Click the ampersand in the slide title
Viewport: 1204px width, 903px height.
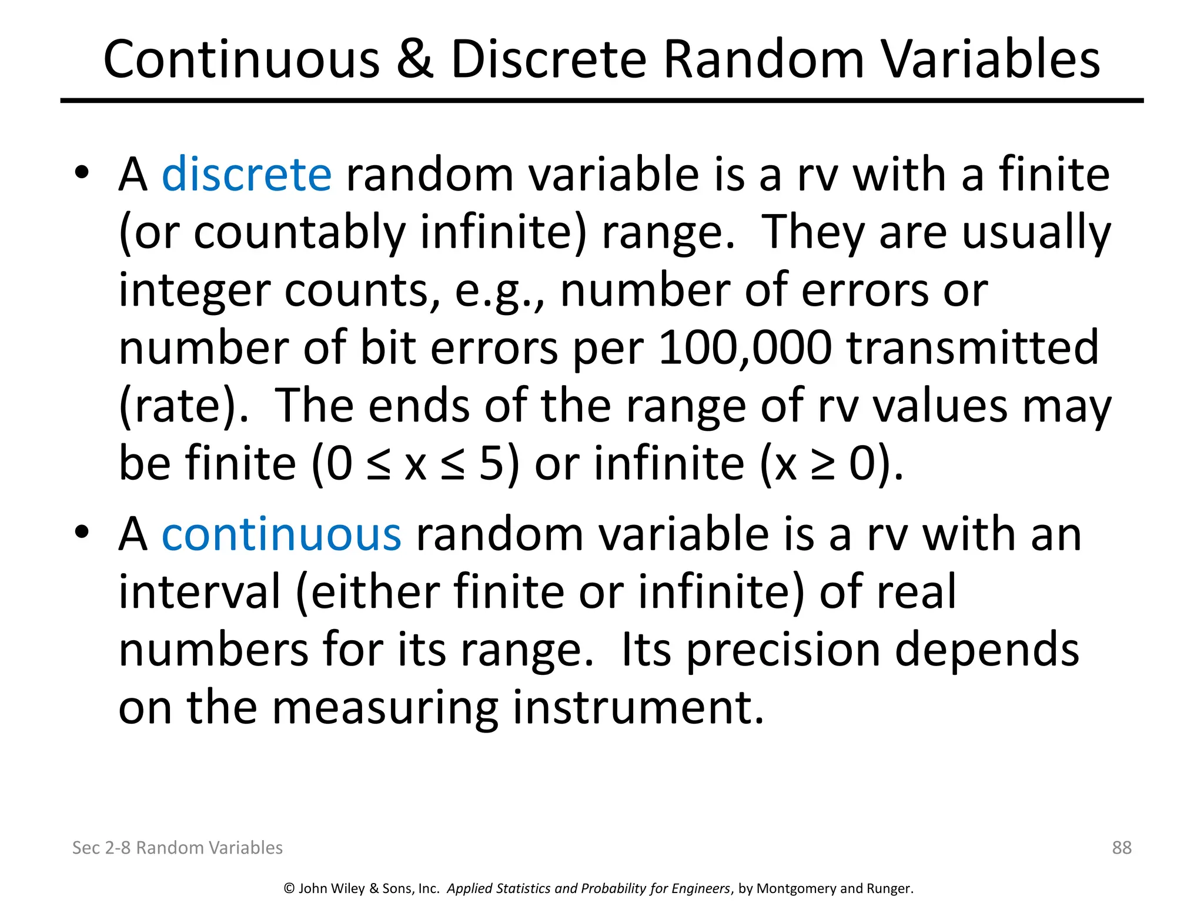pos(415,59)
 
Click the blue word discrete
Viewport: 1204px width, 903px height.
pos(246,175)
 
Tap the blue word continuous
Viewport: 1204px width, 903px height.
pos(282,534)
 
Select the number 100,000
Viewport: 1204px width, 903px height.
pos(745,348)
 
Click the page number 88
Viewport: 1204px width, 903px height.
pos(1122,847)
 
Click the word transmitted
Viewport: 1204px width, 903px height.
pos(972,348)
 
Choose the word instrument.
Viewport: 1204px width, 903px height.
pos(638,707)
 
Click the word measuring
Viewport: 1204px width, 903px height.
pos(385,707)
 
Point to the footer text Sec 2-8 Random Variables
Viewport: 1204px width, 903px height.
pos(177,847)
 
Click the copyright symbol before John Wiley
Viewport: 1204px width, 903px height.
pos(289,888)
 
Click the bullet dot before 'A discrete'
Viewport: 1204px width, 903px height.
pos(81,172)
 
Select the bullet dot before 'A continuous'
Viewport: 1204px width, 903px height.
pos(81,532)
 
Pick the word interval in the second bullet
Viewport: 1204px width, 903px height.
pos(200,592)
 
